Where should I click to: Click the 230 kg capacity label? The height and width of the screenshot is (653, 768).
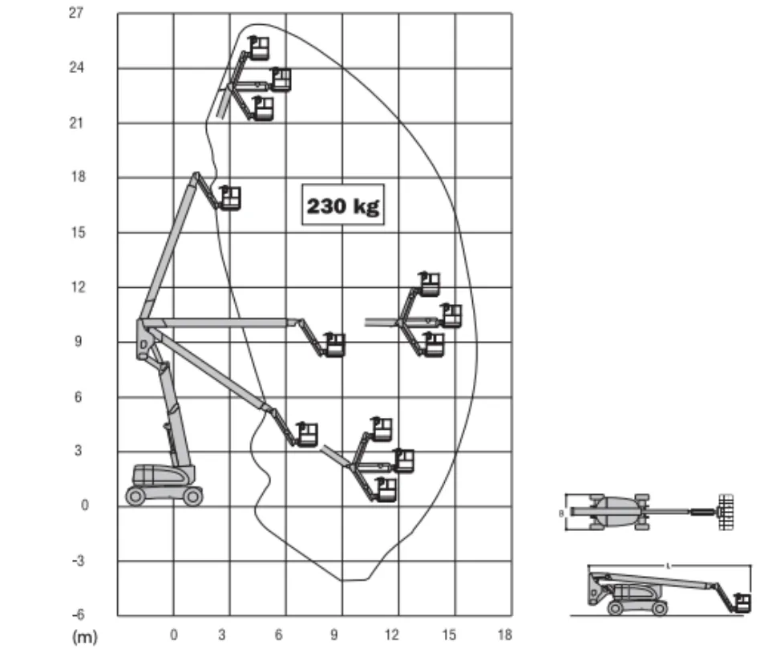[343, 205]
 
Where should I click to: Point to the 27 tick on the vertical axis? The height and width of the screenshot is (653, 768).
[76, 13]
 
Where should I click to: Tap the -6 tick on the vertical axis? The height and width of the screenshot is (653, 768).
[78, 614]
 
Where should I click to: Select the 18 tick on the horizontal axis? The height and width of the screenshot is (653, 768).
[504, 635]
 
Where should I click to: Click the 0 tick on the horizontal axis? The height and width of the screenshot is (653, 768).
[173, 635]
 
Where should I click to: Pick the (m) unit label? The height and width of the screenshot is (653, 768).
[85, 637]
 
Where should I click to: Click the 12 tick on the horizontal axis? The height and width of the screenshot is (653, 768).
[391, 635]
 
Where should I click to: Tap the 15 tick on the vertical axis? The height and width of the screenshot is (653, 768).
[78, 233]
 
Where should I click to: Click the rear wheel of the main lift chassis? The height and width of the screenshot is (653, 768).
[135, 497]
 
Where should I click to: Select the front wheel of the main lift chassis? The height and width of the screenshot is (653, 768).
[193, 497]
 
